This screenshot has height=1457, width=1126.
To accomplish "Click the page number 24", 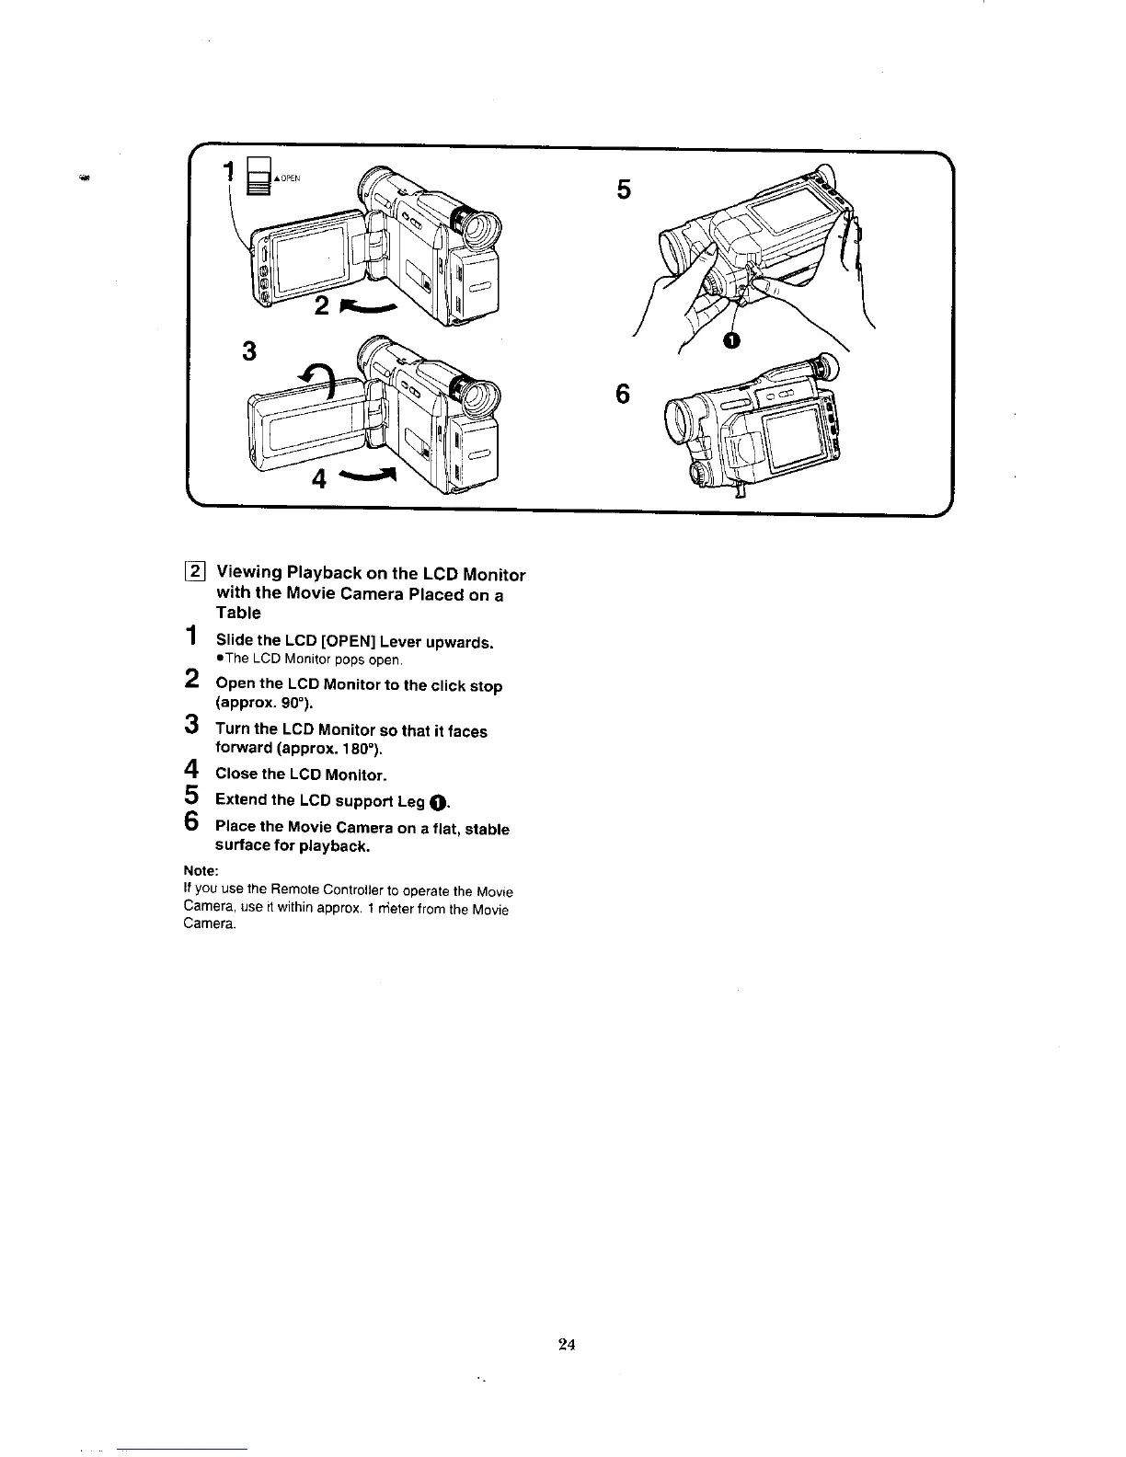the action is (x=566, y=1345).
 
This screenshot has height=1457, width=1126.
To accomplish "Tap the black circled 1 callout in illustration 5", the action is (x=731, y=341).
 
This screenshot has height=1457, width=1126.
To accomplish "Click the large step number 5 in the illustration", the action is (x=624, y=190).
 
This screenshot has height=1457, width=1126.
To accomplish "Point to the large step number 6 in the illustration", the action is (x=623, y=394).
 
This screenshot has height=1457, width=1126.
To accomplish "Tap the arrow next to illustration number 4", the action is (x=367, y=475).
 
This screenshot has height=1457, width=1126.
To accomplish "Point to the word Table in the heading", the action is (x=238, y=613).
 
